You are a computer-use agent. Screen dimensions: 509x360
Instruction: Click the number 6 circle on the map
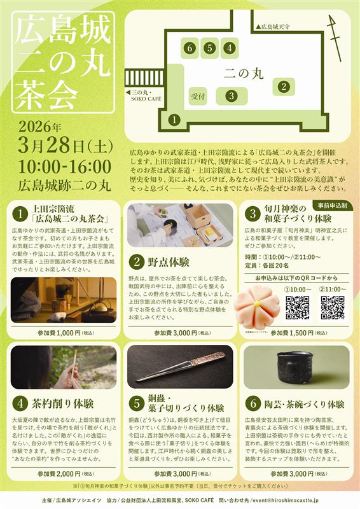pyautogui.click(x=189, y=48)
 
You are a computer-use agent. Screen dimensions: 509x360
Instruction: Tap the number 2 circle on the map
pyautogui.click(x=284, y=87)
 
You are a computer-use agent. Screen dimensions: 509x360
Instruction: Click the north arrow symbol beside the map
pyautogui.click(x=335, y=29)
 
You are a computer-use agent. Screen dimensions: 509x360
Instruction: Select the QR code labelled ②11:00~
pyautogui.click(x=332, y=307)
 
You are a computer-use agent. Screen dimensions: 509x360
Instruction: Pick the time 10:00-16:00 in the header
pyautogui.click(x=65, y=167)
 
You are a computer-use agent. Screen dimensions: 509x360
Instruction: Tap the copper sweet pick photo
pyautogui.click(x=180, y=367)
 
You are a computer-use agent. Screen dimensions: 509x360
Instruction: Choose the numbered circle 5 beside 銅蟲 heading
pyautogui.click(x=136, y=402)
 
